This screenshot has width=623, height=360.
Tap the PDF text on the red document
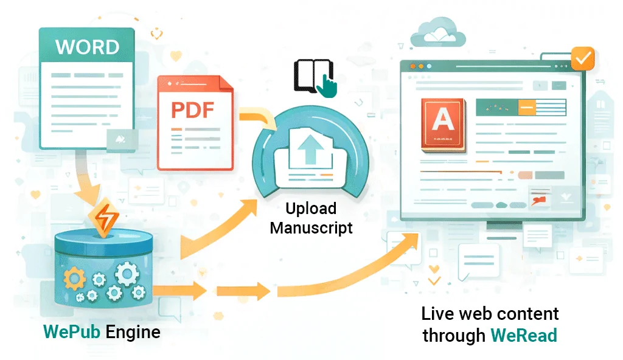[192, 111]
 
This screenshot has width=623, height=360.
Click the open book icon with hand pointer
[314, 78]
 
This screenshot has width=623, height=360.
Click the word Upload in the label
[311, 209]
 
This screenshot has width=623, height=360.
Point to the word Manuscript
[311, 228]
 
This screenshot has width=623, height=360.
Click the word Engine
[133, 333]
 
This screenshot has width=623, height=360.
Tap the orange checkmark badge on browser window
[583, 59]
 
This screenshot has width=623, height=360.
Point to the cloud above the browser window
[437, 33]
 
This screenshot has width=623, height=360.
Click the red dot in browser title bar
[412, 66]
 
